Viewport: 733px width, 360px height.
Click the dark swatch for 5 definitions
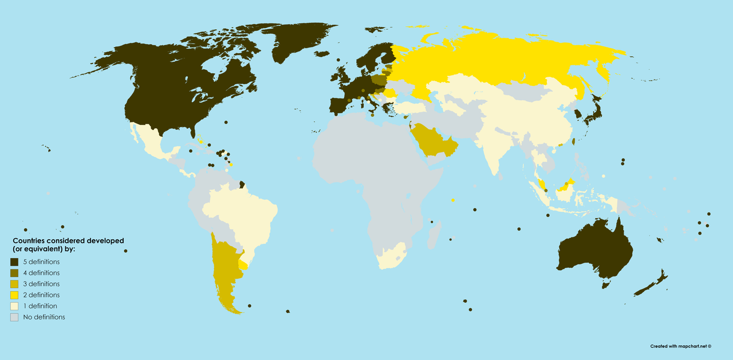(x=14, y=262)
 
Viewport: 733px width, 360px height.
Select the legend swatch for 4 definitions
(x=14, y=273)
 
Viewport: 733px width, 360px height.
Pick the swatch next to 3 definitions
(x=14, y=284)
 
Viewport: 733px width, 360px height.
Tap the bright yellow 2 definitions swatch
(x=14, y=295)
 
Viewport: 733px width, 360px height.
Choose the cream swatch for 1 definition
(x=14, y=306)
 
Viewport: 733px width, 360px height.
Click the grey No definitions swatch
(x=14, y=317)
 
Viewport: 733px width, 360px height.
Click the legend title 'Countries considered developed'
(x=68, y=241)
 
